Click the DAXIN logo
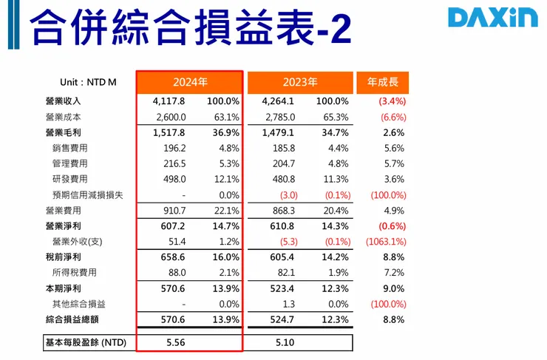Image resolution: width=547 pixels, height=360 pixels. pyautogui.click(x=493, y=18)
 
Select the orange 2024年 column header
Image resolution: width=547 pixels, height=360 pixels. pyautogui.click(x=190, y=82)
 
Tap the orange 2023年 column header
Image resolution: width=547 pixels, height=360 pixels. pyautogui.click(x=300, y=82)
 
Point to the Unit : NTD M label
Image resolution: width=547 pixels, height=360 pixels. pyautogui.click(x=88, y=82)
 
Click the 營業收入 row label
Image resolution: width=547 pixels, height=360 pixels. pyautogui.click(x=63, y=101)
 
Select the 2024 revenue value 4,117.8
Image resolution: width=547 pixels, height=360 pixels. pyautogui.click(x=168, y=101)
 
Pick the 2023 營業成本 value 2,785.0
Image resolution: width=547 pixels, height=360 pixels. pyautogui.click(x=279, y=117)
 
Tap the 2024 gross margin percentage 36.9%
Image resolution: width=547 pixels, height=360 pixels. pyautogui.click(x=226, y=133)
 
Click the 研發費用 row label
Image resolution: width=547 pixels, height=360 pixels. pyautogui.click(x=70, y=180)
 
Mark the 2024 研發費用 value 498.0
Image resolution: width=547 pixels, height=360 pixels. pyautogui.click(x=171, y=180)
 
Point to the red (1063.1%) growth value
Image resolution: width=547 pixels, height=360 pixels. pyautogui.click(x=385, y=242)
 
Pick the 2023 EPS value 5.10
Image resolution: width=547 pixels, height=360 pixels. pyautogui.click(x=285, y=343)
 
